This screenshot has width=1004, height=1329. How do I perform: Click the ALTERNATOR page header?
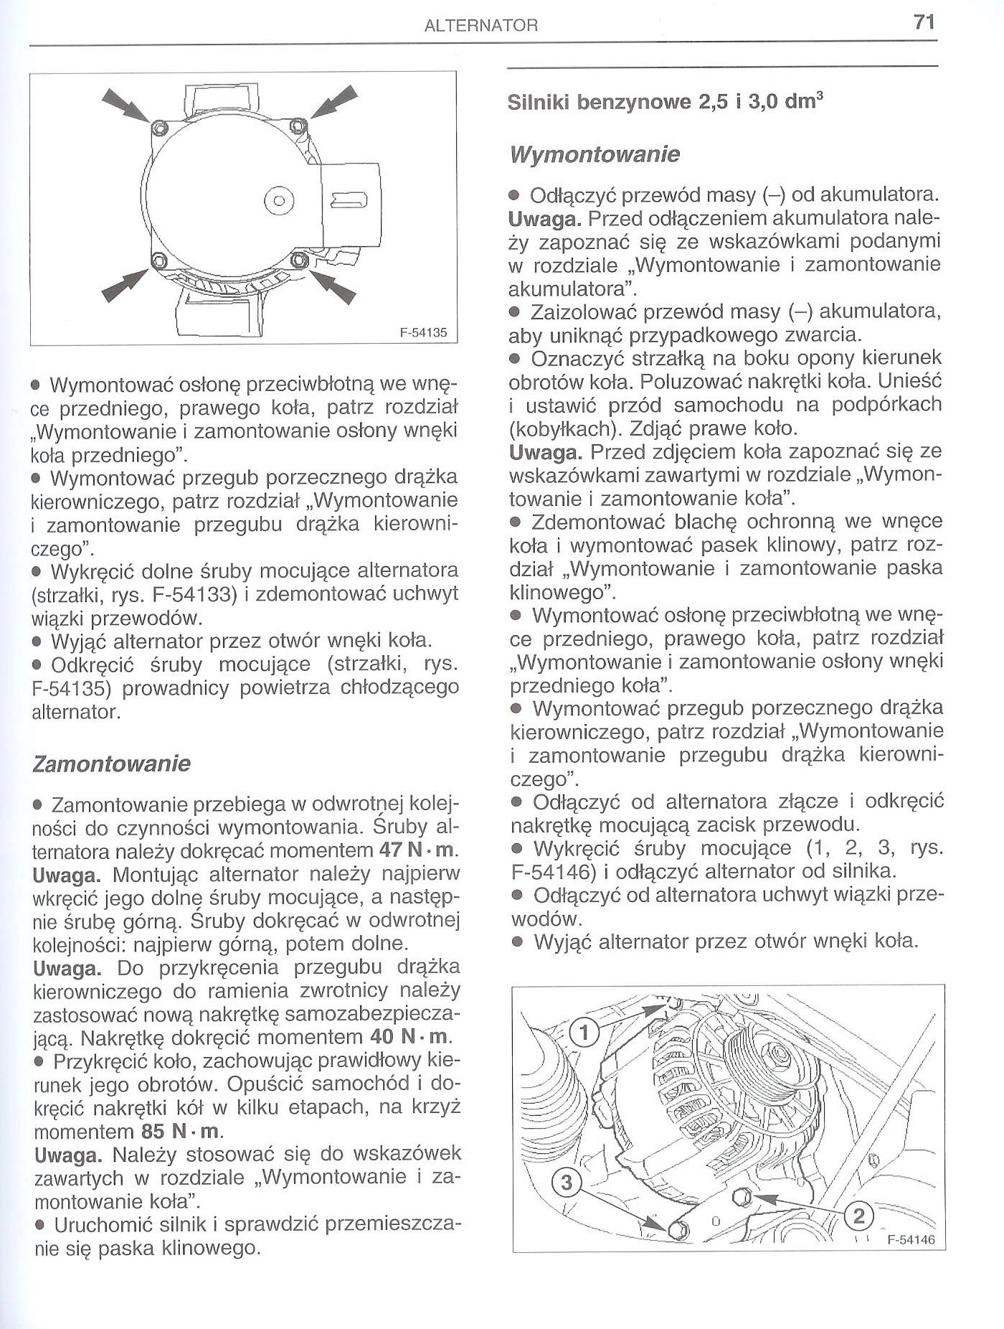point(481,27)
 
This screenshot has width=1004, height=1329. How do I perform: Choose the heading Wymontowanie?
point(593,154)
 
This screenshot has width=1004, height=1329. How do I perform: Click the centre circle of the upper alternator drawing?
point(280,199)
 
